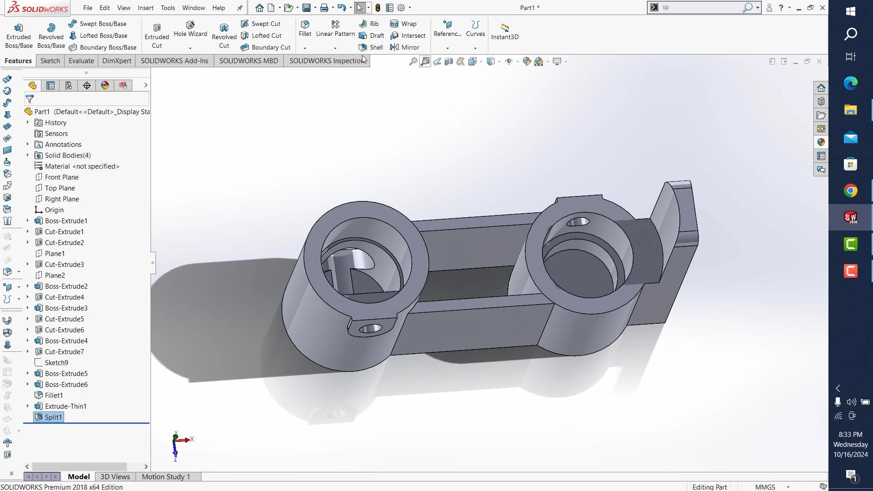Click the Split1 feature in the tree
pos(53,417)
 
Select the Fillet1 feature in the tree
pos(54,395)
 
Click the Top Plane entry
pos(60,188)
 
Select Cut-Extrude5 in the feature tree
pos(64,319)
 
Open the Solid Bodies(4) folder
pos(67,155)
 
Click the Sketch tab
pos(50,60)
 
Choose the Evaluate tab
pos(81,60)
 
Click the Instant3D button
pos(505,31)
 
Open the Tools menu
pos(168,8)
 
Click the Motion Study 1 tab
pos(166,476)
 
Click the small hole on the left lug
pos(371,328)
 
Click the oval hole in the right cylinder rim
pos(577,222)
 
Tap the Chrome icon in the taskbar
pos(850,190)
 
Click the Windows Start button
pos(850,11)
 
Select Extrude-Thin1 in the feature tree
pos(65,406)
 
